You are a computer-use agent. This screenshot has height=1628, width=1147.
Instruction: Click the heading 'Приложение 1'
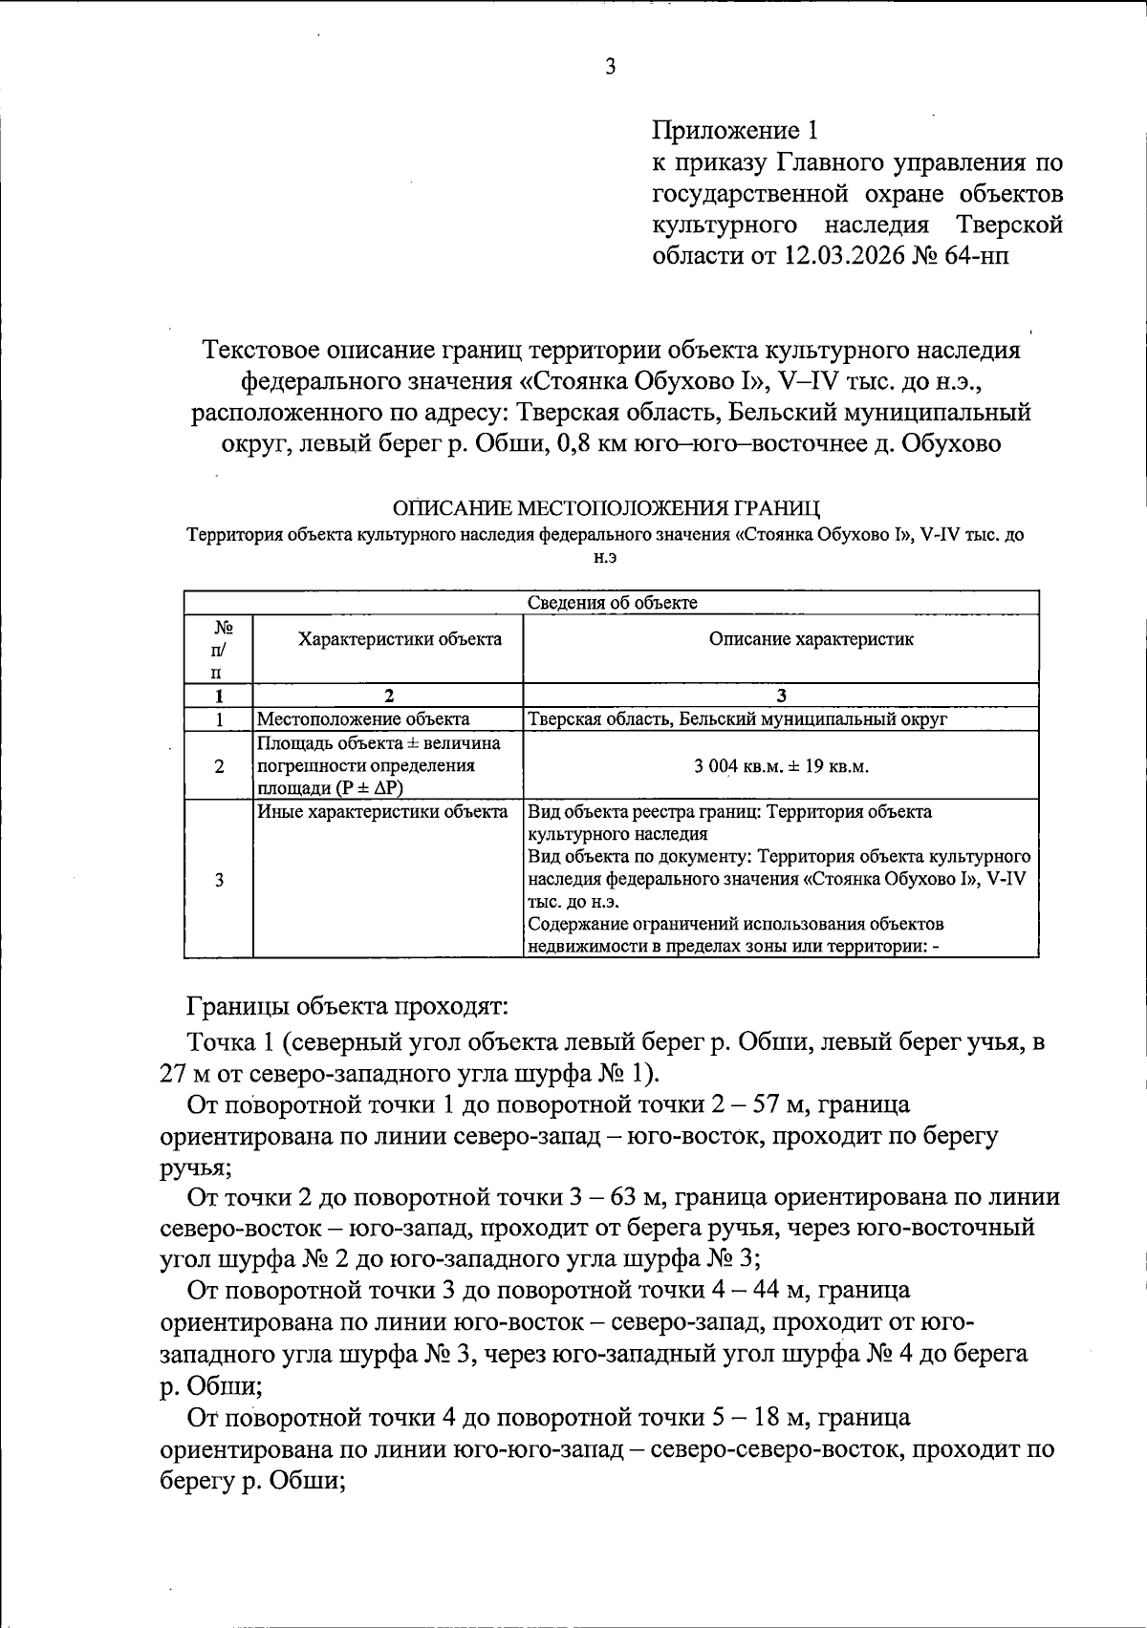click(735, 130)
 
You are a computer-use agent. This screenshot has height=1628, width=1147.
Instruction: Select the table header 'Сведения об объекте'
click(612, 603)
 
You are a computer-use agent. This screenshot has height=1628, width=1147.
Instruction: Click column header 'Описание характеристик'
click(811, 639)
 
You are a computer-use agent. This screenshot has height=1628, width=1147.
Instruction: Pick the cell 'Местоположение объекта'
click(363, 719)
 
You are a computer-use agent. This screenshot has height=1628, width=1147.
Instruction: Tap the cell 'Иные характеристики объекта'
click(382, 812)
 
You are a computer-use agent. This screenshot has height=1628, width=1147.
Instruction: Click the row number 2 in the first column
click(220, 766)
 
